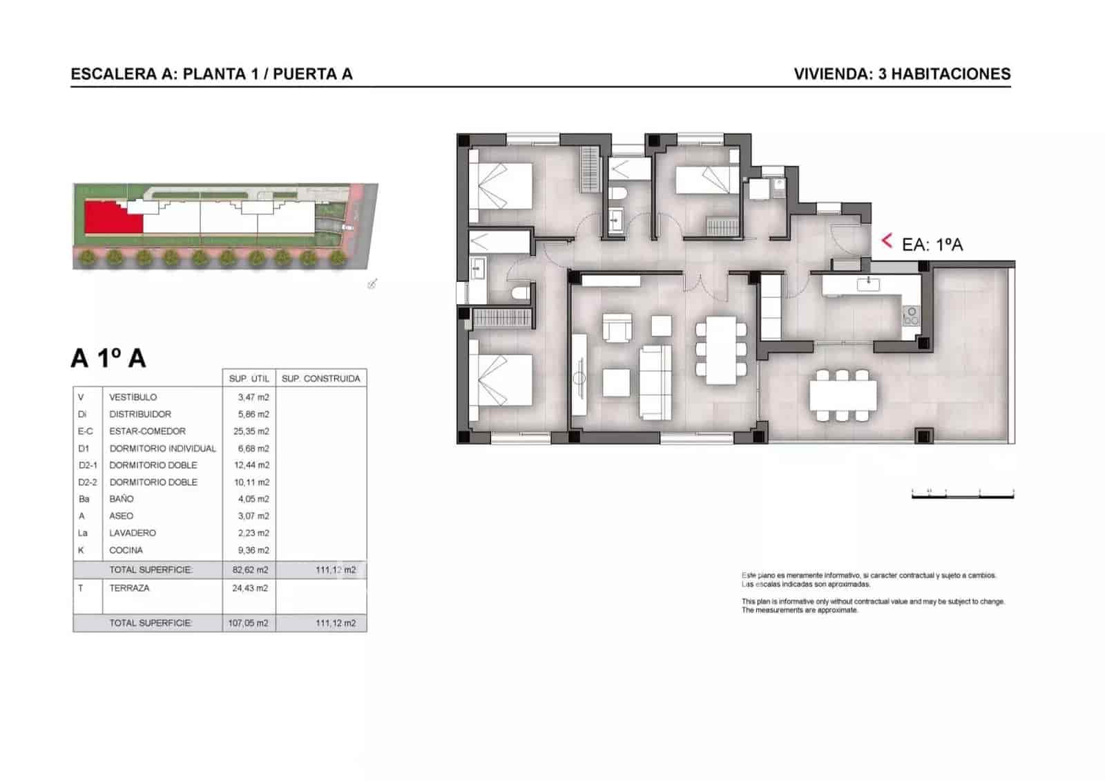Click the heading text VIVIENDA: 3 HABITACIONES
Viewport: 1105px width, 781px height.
902,74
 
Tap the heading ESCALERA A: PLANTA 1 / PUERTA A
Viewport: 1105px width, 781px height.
211,74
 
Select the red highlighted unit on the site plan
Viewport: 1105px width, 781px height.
110,218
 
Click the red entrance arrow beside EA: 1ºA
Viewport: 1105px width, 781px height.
887,241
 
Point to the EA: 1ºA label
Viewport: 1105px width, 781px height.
932,244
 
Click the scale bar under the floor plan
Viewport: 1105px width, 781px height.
962,494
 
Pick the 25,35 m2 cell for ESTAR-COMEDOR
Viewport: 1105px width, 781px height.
251,431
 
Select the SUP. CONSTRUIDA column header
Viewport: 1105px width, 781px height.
320,379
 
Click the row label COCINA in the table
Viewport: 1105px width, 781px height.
126,550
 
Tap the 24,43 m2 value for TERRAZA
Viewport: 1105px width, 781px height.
250,588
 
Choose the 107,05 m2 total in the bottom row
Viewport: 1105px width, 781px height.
248,623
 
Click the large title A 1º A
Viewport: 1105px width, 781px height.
108,359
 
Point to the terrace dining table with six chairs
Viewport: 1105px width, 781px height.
843,395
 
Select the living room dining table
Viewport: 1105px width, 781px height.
721,352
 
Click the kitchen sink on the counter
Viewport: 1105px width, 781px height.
867,283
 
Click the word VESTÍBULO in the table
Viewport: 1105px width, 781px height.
133,397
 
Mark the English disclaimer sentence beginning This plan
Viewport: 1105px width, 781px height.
872,601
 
